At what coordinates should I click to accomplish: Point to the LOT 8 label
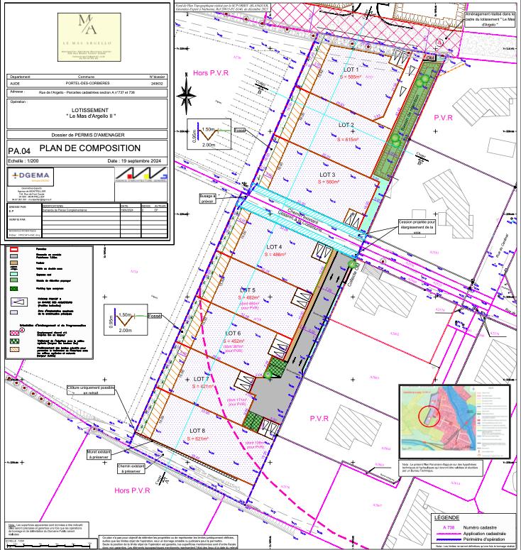(x=197, y=431)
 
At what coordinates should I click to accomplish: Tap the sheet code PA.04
(x=20, y=151)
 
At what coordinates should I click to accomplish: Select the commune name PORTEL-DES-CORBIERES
(x=86, y=82)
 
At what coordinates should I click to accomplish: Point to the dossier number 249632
(x=157, y=82)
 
